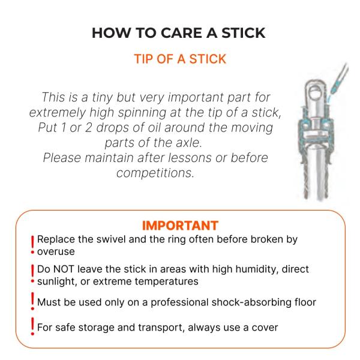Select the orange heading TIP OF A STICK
[x=179, y=59]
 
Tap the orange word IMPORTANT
[x=179, y=226]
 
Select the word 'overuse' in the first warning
[x=56, y=251]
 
